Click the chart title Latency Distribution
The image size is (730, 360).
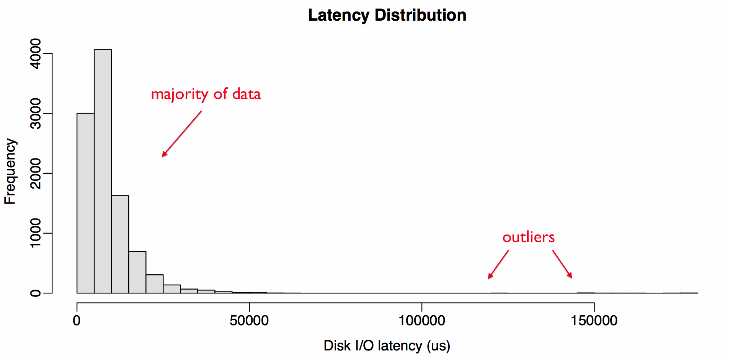click(387, 15)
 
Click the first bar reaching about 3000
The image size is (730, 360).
click(85, 203)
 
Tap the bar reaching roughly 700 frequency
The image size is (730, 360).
click(137, 272)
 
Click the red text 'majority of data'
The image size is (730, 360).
click(206, 94)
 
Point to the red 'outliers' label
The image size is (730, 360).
click(528, 237)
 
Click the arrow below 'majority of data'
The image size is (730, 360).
click(181, 134)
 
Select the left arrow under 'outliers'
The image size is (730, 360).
click(498, 264)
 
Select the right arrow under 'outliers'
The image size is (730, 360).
click(562, 264)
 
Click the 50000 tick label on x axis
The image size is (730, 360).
click(249, 321)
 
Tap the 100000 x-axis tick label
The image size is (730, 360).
click(421, 321)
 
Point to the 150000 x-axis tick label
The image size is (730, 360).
click(594, 321)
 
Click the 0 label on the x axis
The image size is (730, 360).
click(77, 321)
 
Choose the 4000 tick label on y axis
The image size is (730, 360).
click(36, 54)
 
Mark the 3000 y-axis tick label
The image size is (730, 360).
click(36, 114)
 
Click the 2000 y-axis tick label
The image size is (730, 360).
click(36, 173)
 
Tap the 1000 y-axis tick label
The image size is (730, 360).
click(36, 233)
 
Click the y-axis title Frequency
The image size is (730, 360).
click(10, 171)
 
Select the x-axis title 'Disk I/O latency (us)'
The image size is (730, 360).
click(387, 345)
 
